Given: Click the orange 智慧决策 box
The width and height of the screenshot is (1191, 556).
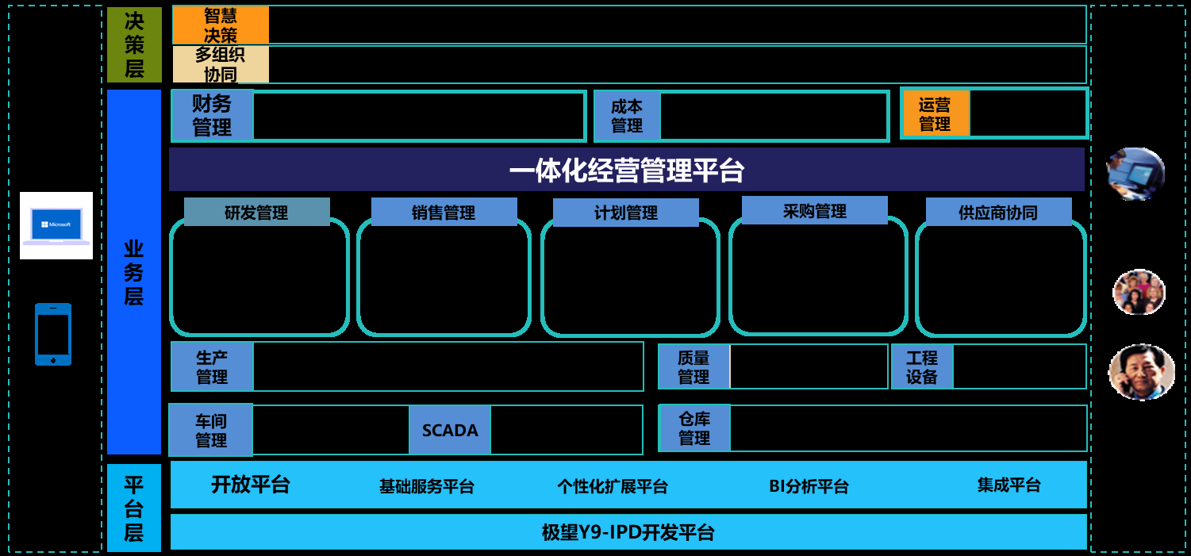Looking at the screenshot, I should [221, 25].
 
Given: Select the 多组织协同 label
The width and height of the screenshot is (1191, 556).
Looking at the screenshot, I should [221, 64].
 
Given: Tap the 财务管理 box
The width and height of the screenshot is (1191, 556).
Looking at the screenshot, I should [212, 116].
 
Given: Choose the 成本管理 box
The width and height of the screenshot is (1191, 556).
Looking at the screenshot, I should [627, 116].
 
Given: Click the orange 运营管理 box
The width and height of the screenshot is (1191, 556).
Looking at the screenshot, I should [936, 113].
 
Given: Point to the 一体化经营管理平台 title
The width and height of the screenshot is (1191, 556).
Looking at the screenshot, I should [626, 170].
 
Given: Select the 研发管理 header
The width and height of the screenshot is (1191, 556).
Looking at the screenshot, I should [256, 213].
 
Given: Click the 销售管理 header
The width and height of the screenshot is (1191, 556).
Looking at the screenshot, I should [444, 213].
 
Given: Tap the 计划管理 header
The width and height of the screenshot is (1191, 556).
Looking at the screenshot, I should [626, 213].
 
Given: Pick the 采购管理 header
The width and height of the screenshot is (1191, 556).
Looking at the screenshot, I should [815, 211].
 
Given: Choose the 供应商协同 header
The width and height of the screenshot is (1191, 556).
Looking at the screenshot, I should [998, 213].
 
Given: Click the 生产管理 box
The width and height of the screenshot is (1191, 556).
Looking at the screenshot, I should [212, 366].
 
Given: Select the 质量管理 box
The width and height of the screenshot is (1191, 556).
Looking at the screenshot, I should [693, 366].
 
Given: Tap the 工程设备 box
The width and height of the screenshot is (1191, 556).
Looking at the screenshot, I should [922, 366].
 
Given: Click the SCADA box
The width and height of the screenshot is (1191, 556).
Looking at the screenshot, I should [450, 430].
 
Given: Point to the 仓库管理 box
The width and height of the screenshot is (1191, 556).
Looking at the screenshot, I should [694, 428].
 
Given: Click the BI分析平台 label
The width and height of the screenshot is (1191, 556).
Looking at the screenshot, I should [809, 486].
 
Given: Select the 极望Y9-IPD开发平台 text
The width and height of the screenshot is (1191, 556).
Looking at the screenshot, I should [628, 532].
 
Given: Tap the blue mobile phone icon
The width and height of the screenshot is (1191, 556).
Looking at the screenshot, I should [53, 334].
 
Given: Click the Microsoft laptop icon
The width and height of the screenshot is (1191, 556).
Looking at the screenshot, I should [56, 225].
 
